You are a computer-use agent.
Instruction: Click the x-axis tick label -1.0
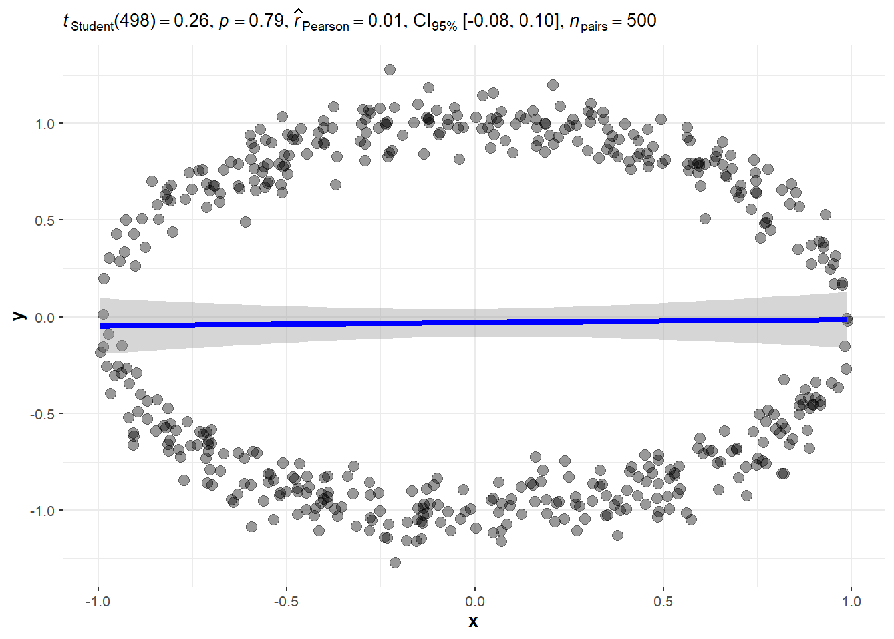pos(97,602)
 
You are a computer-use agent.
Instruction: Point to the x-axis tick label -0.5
pos(286,602)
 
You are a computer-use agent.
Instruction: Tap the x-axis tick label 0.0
pos(474,602)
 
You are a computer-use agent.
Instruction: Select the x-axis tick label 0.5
pos(663,602)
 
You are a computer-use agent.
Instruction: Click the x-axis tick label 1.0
pos(851,602)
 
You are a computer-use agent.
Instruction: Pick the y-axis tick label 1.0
pos(45,124)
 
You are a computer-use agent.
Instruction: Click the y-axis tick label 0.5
pos(45,220)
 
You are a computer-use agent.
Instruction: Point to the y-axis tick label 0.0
pos(45,318)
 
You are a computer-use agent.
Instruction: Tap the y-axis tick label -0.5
pos(42,414)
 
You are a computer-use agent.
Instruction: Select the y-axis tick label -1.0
pos(42,511)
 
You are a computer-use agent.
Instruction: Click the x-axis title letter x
pos(473,622)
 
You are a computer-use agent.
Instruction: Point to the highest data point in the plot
pos(390,69)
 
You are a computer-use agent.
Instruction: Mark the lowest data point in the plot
pos(395,562)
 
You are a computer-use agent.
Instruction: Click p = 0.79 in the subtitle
pos(251,21)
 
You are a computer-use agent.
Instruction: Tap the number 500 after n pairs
pos(641,21)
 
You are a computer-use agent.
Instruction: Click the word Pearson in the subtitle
pos(325,27)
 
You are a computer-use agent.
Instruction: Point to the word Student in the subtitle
pos(92,27)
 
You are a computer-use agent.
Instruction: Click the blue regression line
pos(474,323)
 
